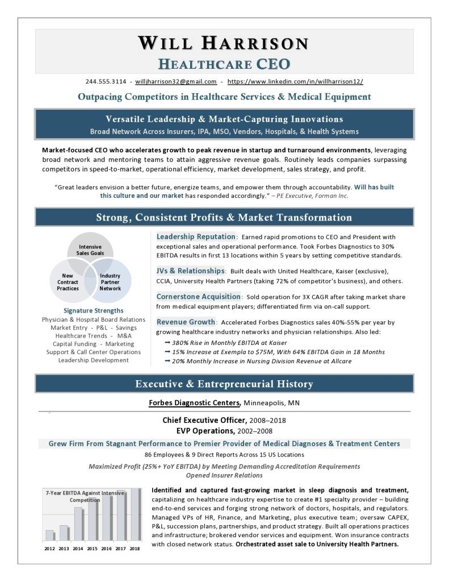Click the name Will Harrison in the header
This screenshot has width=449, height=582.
point(224,43)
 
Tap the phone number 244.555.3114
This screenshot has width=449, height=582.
point(106,81)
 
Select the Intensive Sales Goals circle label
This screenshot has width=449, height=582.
point(90,250)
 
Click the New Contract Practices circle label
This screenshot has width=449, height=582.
point(68,282)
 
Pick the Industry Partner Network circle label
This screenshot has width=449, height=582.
point(110,282)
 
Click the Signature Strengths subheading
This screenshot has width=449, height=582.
point(93,310)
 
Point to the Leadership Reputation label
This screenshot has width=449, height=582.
point(195,236)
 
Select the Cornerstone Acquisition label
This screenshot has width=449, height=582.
point(199,296)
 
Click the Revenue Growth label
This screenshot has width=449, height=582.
point(186,322)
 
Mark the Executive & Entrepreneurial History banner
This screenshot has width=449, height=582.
point(224,384)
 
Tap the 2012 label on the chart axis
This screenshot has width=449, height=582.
point(50,548)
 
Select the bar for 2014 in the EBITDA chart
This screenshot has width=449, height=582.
point(78,523)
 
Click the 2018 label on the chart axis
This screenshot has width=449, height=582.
point(135,548)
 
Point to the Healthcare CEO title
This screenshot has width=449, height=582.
point(224,63)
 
